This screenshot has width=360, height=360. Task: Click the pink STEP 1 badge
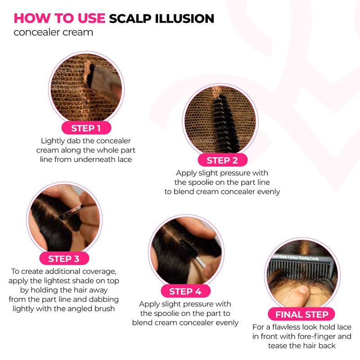tap(86, 128)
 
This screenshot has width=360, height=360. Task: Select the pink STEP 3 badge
tap(63, 258)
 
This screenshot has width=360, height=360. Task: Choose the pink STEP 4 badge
tap(185, 291)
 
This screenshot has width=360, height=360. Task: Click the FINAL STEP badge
tap(302, 314)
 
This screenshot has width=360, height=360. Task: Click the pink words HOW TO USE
tap(59, 18)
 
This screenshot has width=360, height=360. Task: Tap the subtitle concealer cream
tap(53, 32)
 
